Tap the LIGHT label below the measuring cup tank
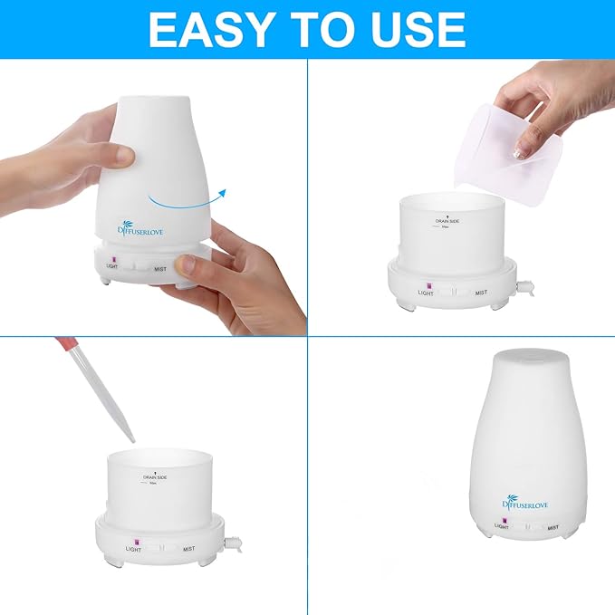tap(425, 293)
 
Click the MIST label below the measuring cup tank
tap(481, 293)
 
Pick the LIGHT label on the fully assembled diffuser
tap(501, 526)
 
